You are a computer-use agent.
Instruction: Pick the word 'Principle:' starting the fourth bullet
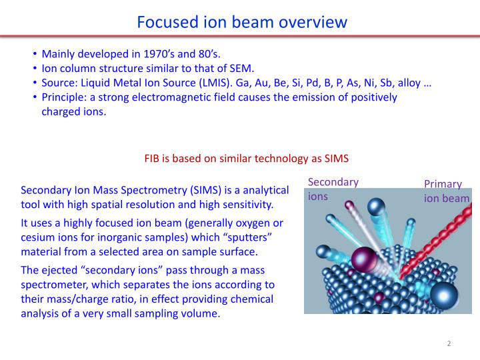(66, 97)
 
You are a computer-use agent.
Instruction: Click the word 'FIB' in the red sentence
(153, 159)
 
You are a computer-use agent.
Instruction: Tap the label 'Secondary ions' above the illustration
(333, 189)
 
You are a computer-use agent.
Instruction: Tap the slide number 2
(449, 343)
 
